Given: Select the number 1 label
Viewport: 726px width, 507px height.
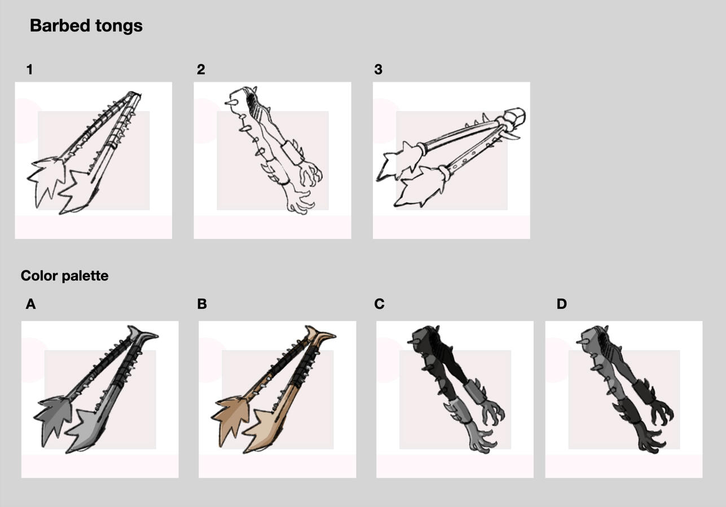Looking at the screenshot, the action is pos(29,69).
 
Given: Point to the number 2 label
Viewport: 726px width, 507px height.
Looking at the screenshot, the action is pos(201,69).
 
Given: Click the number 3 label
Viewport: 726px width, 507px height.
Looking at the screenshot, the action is pos(379,69).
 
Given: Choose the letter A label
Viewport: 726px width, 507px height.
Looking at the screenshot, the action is pos(30,304).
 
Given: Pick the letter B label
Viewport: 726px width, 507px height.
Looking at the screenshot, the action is pos(201,304).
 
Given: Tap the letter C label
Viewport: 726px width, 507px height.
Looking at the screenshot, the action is pos(379,304).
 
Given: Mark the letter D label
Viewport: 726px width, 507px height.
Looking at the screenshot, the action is pos(562,304).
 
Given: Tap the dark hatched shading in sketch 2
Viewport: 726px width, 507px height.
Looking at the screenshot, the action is pos(253,103).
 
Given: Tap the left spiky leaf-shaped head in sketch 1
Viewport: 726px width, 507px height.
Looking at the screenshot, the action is pos(46,181).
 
